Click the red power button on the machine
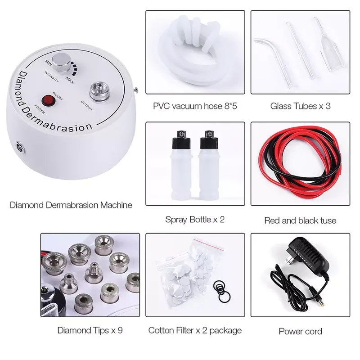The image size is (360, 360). click(x=49, y=99)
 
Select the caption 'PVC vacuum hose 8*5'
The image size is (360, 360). click(x=195, y=107)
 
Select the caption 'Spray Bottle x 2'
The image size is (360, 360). click(x=195, y=220)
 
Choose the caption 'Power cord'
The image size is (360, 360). click(x=301, y=332)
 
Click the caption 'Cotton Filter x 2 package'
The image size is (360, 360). click(x=195, y=330)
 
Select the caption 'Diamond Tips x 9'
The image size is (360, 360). click(x=90, y=330)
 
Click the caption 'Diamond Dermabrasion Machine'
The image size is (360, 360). click(x=71, y=205)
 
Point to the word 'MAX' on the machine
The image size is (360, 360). click(x=70, y=79)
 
